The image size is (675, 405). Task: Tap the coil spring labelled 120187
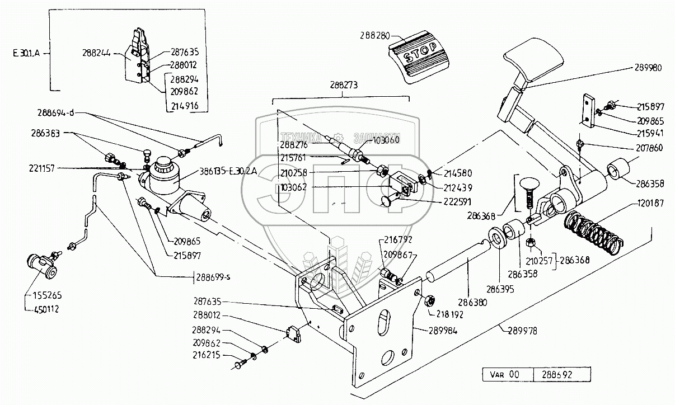click(593, 229)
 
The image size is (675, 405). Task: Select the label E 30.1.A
click(27, 55)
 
